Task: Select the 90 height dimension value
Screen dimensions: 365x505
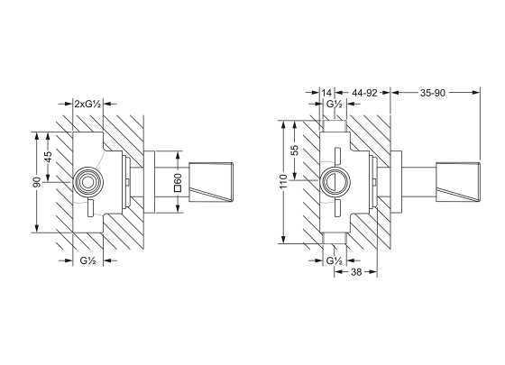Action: [x=35, y=183]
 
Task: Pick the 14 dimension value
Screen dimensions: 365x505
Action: [x=326, y=92]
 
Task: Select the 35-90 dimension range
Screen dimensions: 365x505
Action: [x=436, y=92]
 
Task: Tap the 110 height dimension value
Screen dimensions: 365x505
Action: [x=283, y=182]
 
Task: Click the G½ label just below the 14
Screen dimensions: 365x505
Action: [x=335, y=105]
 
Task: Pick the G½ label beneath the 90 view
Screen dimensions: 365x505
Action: [x=87, y=260]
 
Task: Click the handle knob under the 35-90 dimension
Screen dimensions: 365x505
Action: [x=458, y=182]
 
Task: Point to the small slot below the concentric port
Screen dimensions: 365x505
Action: [x=87, y=211]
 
